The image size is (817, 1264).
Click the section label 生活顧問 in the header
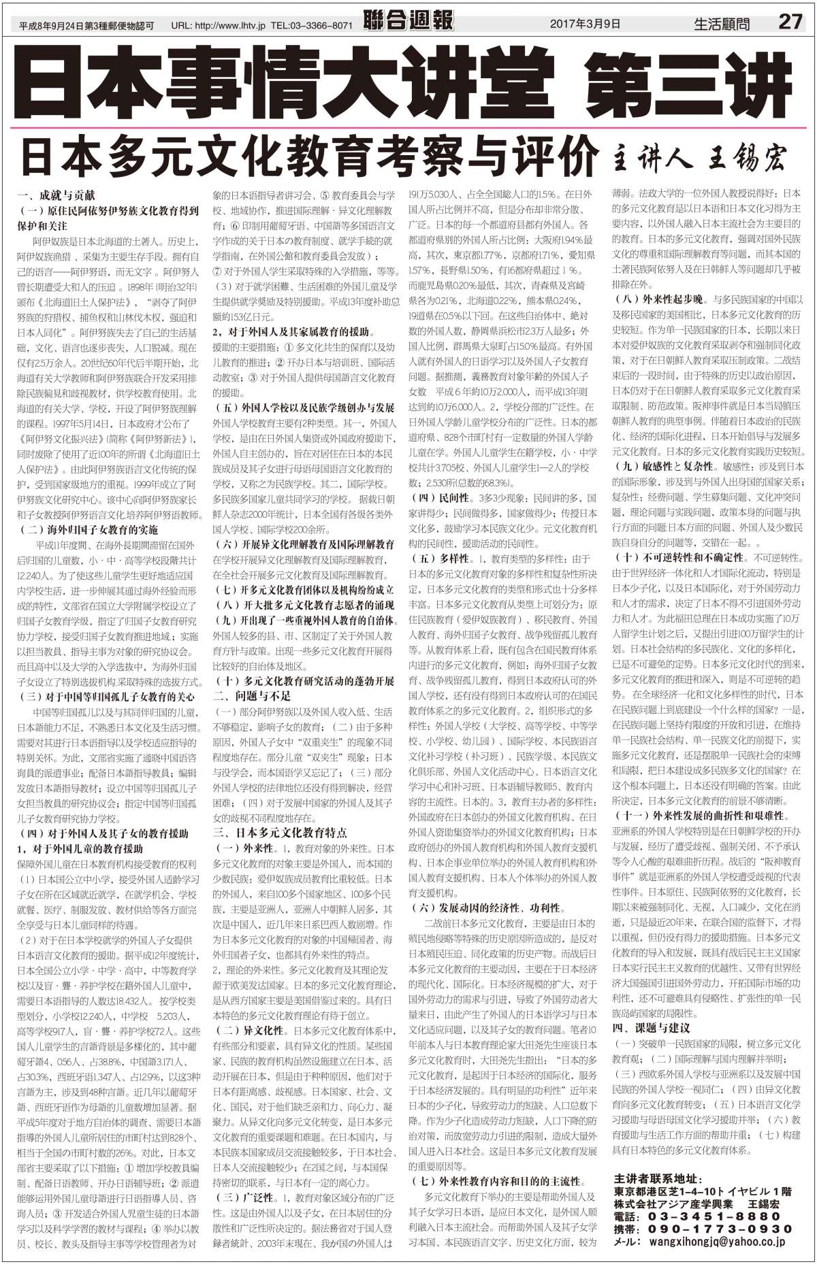pos(722,24)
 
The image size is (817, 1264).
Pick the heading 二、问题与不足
pos(252,696)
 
